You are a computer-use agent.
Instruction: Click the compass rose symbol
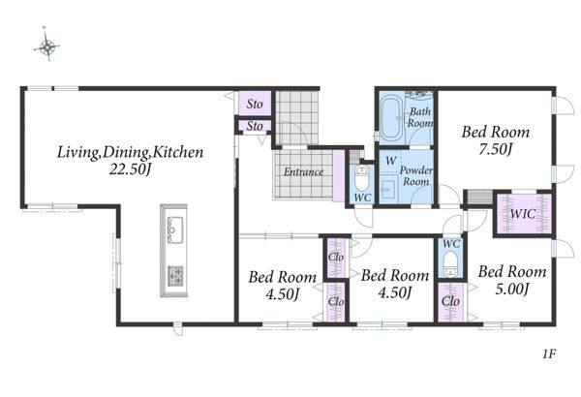(46, 46)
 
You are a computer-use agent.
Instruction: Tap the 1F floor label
(549, 354)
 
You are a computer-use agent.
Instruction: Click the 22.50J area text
(130, 169)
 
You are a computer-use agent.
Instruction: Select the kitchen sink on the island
(175, 229)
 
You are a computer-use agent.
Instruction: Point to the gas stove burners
(175, 276)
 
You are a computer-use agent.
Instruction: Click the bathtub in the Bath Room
(391, 117)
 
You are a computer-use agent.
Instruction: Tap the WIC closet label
(523, 214)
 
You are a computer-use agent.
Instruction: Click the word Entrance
(303, 172)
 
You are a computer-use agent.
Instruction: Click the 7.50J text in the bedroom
(496, 149)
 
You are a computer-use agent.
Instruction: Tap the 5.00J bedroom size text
(511, 289)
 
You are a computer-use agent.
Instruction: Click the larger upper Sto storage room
(255, 104)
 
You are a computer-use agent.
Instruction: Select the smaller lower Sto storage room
(255, 126)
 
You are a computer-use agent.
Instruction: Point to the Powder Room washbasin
(389, 189)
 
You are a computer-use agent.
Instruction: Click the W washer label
(391, 161)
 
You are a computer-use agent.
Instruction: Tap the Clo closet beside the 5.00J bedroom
(450, 302)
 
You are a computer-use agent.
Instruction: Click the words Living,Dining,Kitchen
(130, 152)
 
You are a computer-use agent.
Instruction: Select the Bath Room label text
(420, 117)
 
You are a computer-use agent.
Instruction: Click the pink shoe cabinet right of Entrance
(339, 176)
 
